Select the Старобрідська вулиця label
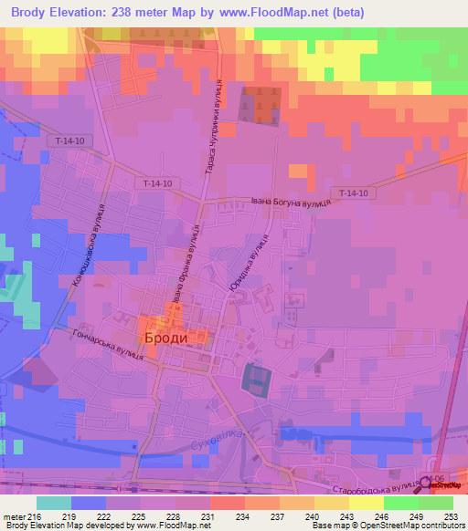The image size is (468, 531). [362, 498]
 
